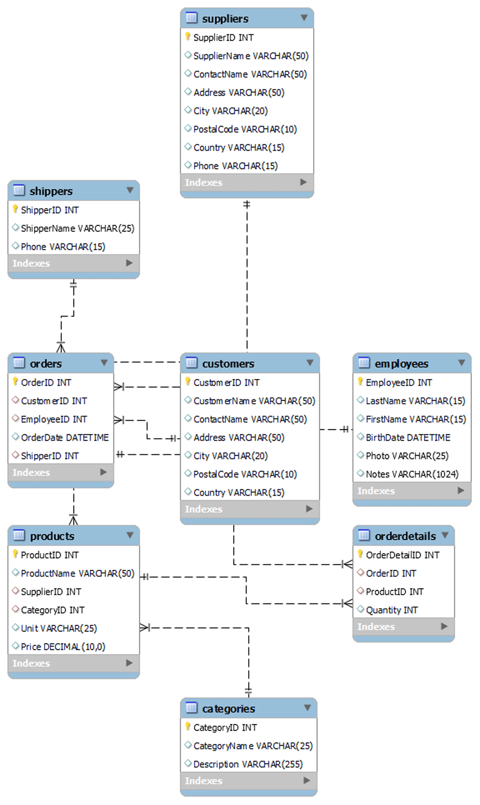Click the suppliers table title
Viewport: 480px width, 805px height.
tap(225, 19)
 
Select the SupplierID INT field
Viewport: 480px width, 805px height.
tap(223, 38)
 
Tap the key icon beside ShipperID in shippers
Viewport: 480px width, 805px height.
tap(15, 209)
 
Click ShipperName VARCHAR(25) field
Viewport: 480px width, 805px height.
tap(77, 228)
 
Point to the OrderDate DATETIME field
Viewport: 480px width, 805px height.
tap(64, 438)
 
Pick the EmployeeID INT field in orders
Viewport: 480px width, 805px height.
tap(54, 419)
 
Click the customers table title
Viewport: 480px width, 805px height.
tap(228, 364)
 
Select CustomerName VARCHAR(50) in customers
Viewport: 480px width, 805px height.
tap(254, 401)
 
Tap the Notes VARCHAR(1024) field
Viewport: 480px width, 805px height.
tap(412, 474)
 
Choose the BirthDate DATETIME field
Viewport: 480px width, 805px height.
tap(408, 438)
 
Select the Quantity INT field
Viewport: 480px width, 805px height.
tap(391, 610)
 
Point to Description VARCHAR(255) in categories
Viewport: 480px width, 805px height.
tap(248, 764)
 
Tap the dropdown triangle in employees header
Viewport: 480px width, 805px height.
tap(461, 362)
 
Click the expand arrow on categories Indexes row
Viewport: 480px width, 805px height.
tap(306, 780)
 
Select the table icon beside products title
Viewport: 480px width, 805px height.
tap(19, 535)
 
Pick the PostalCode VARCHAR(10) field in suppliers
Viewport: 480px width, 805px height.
tap(245, 129)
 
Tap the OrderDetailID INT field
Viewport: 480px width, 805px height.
tap(402, 555)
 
